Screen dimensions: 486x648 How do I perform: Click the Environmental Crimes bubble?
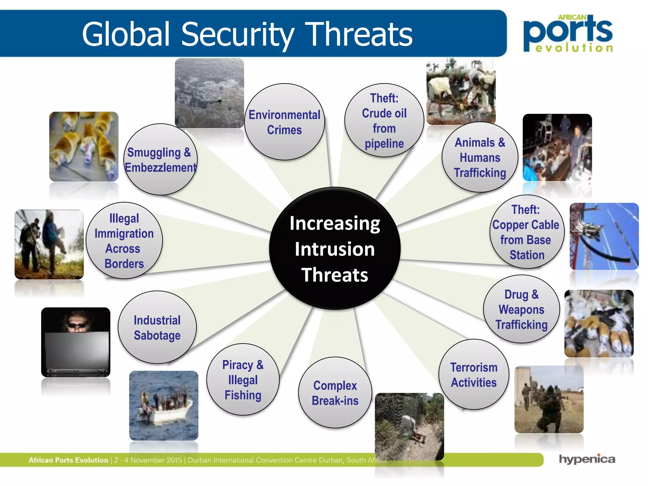284,122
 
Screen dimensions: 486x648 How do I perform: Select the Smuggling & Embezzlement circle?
160,159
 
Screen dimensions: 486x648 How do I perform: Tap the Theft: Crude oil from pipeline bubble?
384,121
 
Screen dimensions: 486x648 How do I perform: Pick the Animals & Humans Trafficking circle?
480,157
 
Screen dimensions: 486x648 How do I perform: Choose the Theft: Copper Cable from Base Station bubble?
526,232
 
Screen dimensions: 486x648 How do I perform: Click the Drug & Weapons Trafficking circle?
521,309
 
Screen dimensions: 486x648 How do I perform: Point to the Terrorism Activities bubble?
474,375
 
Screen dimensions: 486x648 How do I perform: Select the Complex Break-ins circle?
335,393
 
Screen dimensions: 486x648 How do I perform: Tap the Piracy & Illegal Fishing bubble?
243,380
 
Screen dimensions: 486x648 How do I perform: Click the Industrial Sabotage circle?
157,327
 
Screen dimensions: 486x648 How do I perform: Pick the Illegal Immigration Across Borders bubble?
124,241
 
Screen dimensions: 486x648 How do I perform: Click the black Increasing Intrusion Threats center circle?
335,249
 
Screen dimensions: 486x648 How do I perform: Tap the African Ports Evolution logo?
568,34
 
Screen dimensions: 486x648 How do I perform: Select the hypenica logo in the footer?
587,459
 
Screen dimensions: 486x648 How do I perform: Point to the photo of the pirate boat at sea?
164,406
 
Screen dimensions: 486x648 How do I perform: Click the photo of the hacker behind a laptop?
76,342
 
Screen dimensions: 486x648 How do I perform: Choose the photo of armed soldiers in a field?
549,400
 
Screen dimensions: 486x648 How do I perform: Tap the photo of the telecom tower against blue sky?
604,236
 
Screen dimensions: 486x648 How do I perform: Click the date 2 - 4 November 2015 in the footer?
148,460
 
